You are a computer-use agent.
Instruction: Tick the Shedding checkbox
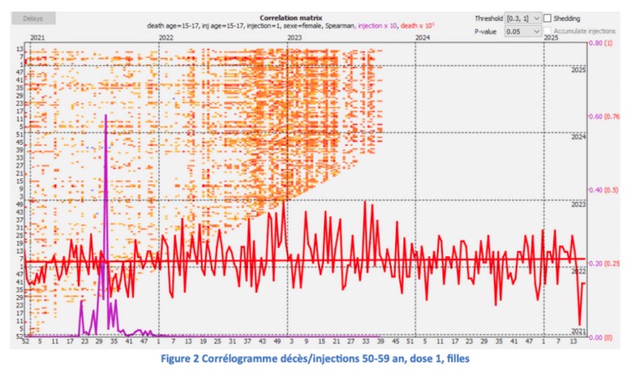(x=548, y=18)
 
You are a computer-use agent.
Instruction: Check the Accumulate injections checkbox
(x=548, y=30)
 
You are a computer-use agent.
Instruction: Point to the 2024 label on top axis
(x=422, y=38)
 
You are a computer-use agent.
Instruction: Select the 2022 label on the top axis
(x=166, y=38)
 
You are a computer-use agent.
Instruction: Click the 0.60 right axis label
(x=599, y=116)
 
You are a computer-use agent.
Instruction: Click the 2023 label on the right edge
(x=579, y=204)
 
